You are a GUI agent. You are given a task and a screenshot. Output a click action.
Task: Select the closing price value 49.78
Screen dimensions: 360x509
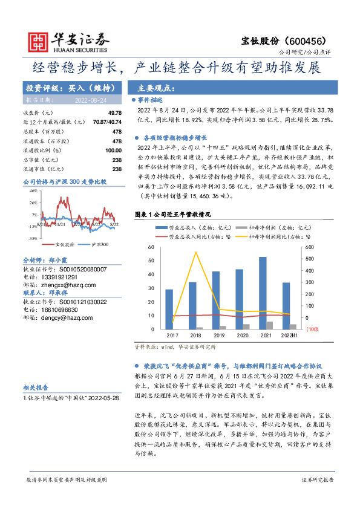click(x=115, y=113)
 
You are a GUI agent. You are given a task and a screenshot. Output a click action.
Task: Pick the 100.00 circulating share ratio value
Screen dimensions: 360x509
click(x=114, y=150)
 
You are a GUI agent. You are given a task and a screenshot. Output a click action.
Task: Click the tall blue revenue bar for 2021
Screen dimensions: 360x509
click(x=263, y=293)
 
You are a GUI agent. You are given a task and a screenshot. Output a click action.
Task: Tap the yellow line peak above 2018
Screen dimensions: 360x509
click(x=196, y=252)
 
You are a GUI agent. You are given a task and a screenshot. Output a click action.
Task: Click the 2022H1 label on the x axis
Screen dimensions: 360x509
click(x=289, y=334)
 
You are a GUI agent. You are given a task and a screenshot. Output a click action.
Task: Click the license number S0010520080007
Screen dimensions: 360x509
click(x=74, y=269)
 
